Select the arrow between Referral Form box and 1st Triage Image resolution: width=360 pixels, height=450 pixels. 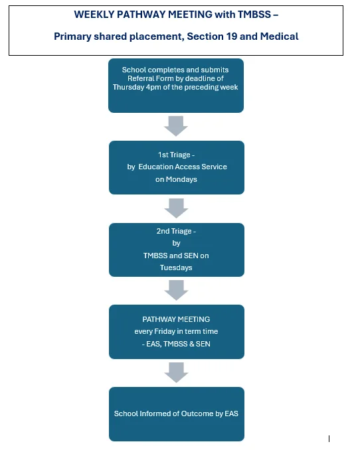coord(176,125)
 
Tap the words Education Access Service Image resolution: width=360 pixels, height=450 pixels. coord(183,167)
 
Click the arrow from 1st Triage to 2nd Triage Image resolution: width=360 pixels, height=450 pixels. coord(176,208)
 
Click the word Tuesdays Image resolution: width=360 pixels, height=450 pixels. coord(176,267)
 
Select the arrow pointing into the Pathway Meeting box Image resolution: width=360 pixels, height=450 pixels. coord(176,290)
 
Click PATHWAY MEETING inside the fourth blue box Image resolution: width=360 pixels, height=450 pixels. coord(176,319)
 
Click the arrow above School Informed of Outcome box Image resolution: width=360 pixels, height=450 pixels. coord(176,372)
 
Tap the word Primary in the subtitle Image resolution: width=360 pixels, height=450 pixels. coord(72,37)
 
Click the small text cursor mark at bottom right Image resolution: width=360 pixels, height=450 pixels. coord(329,438)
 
